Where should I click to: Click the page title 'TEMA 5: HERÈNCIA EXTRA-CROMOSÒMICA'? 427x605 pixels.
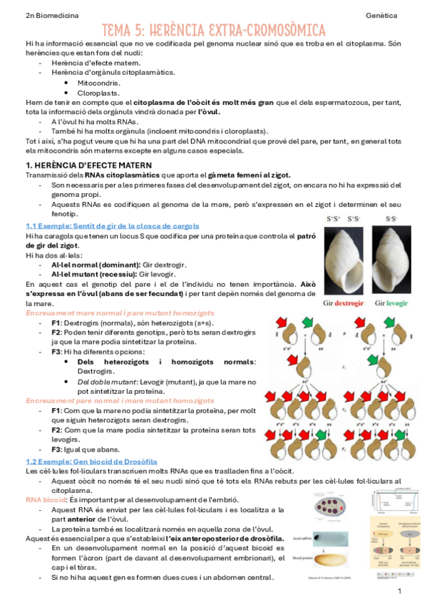pyautogui.click(x=213, y=31)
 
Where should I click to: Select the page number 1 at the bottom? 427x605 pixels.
pyautogui.click(x=400, y=591)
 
